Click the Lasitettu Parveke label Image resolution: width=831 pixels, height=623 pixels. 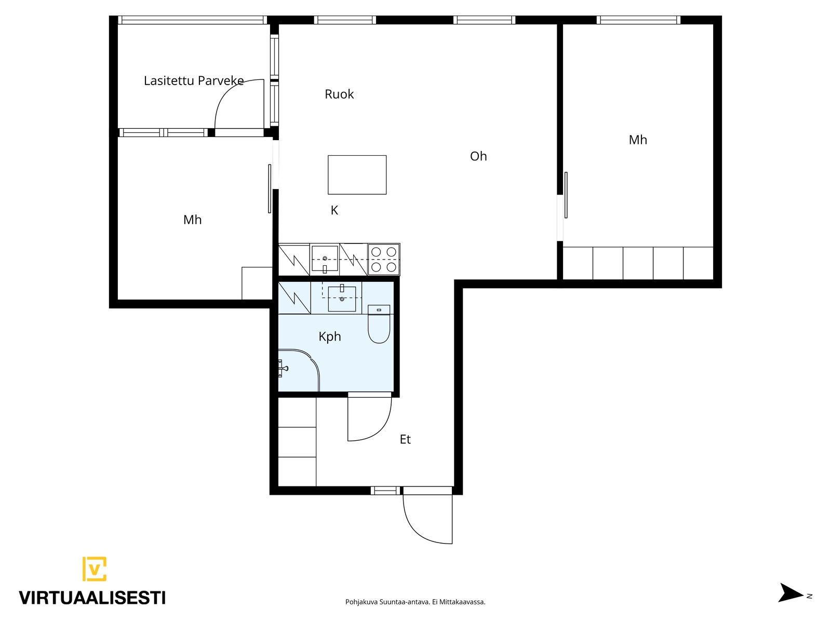coord(193,80)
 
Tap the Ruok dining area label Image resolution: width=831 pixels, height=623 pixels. coord(339,94)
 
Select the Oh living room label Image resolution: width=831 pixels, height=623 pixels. coord(478,156)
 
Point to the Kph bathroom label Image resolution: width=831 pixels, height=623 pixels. coord(330,336)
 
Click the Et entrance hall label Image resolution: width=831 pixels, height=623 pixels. coord(405,439)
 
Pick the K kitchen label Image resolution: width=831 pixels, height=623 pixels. coord(334,210)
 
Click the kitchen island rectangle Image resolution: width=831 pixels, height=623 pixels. coord(357,175)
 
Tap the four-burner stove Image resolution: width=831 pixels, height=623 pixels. coord(384,259)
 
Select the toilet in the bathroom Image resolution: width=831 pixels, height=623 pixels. coord(379,324)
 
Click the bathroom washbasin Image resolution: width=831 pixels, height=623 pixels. coord(342,299)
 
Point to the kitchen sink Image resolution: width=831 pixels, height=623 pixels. coord(325,259)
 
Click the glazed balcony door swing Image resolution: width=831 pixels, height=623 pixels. coord(239,104)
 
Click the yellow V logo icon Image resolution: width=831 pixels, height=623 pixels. coord(95,568)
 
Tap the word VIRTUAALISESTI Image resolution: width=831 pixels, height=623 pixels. coord(92,598)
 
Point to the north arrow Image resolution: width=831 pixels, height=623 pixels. coord(790,593)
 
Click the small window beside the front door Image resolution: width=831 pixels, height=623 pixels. coord(385,491)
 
